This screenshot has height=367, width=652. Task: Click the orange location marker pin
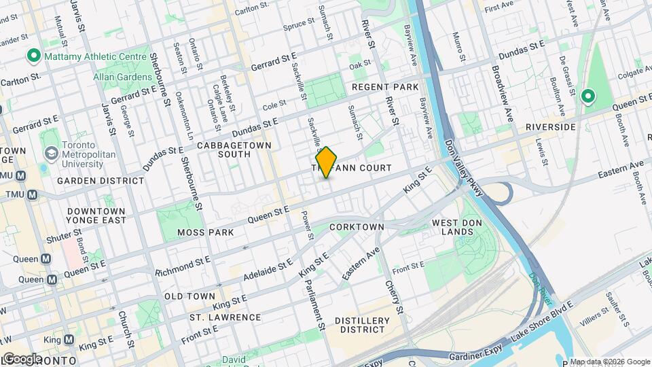[x=327, y=162]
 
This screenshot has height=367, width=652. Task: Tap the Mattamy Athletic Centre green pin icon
[x=31, y=55]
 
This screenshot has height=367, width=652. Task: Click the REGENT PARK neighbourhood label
[x=385, y=88]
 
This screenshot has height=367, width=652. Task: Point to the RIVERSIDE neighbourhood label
[x=551, y=127]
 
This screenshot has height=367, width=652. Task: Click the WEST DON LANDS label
[x=452, y=227]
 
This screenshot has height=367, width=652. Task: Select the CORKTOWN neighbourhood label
[x=357, y=226]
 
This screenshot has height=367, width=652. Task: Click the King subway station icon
[x=68, y=340]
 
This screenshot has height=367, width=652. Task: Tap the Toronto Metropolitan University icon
[x=50, y=152]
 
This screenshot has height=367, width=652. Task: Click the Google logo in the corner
[x=22, y=358]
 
